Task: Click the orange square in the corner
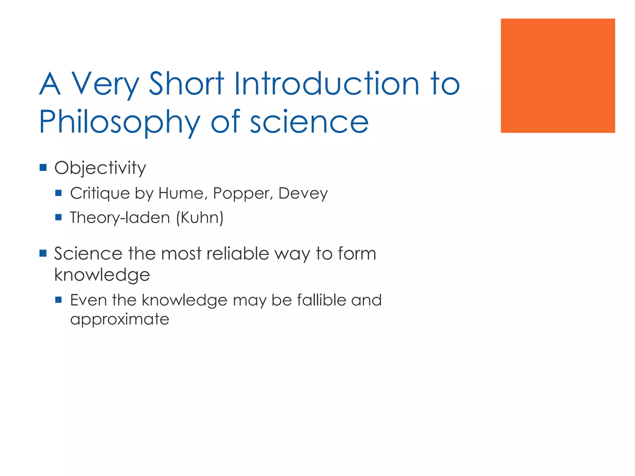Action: (557, 76)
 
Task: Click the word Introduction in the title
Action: (326, 84)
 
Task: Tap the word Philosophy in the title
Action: (120, 122)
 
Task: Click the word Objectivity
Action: (100, 168)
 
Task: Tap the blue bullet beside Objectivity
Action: (43, 168)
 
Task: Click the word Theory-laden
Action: (120, 218)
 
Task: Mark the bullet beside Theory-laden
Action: (58, 217)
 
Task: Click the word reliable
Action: (238, 253)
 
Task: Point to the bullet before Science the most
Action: (43, 253)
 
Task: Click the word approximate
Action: (120, 320)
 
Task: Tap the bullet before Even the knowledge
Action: (58, 300)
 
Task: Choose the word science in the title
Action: (309, 122)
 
